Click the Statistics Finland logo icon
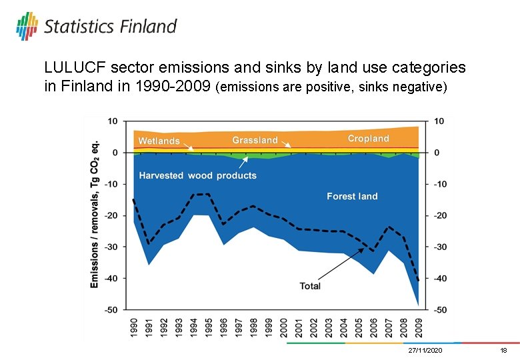point(27,25)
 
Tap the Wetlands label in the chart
point(159,141)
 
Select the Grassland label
point(255,140)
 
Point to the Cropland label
point(368,139)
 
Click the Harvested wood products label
point(197,175)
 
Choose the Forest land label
point(352,196)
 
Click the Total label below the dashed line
point(310,286)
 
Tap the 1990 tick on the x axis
point(134,327)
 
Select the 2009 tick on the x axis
point(418,327)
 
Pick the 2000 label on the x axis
point(283,327)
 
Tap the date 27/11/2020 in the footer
point(425,351)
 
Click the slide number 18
point(503,351)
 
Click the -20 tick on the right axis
point(441,215)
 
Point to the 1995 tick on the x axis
point(209,327)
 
